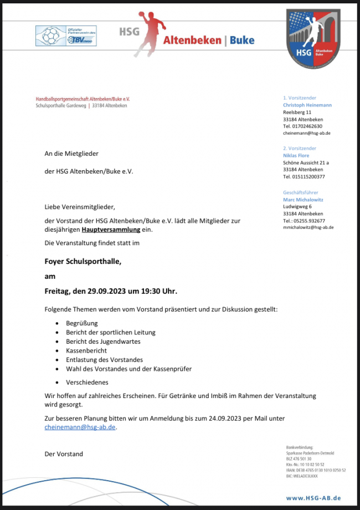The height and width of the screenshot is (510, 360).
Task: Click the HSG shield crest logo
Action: [x=313, y=36]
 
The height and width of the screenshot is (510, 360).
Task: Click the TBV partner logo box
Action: [x=66, y=36]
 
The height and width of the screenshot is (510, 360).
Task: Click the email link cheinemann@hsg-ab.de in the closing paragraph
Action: [x=80, y=427]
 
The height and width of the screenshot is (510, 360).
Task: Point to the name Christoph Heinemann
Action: [x=307, y=105]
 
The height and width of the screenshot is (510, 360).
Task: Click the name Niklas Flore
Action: [x=296, y=156]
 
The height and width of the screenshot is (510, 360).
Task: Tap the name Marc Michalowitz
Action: [x=304, y=199]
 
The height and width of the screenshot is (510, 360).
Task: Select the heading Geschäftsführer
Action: [x=301, y=192]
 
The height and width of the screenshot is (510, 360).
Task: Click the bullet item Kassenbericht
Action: [x=86, y=351]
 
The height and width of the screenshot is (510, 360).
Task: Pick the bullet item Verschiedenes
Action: [x=88, y=382]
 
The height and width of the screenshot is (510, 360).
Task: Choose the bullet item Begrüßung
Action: [x=82, y=323]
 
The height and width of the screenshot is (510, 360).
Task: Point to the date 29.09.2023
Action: [x=109, y=291]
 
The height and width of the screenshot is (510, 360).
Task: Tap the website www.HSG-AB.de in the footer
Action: [x=313, y=498]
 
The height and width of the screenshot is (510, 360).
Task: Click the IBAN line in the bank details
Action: [x=316, y=470]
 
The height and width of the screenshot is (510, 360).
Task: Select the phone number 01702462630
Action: [x=307, y=126]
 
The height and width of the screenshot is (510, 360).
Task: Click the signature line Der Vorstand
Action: [x=64, y=454]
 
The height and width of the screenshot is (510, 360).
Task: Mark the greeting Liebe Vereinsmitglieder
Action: [x=80, y=207]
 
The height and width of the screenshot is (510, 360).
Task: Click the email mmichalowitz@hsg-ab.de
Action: [x=308, y=227]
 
